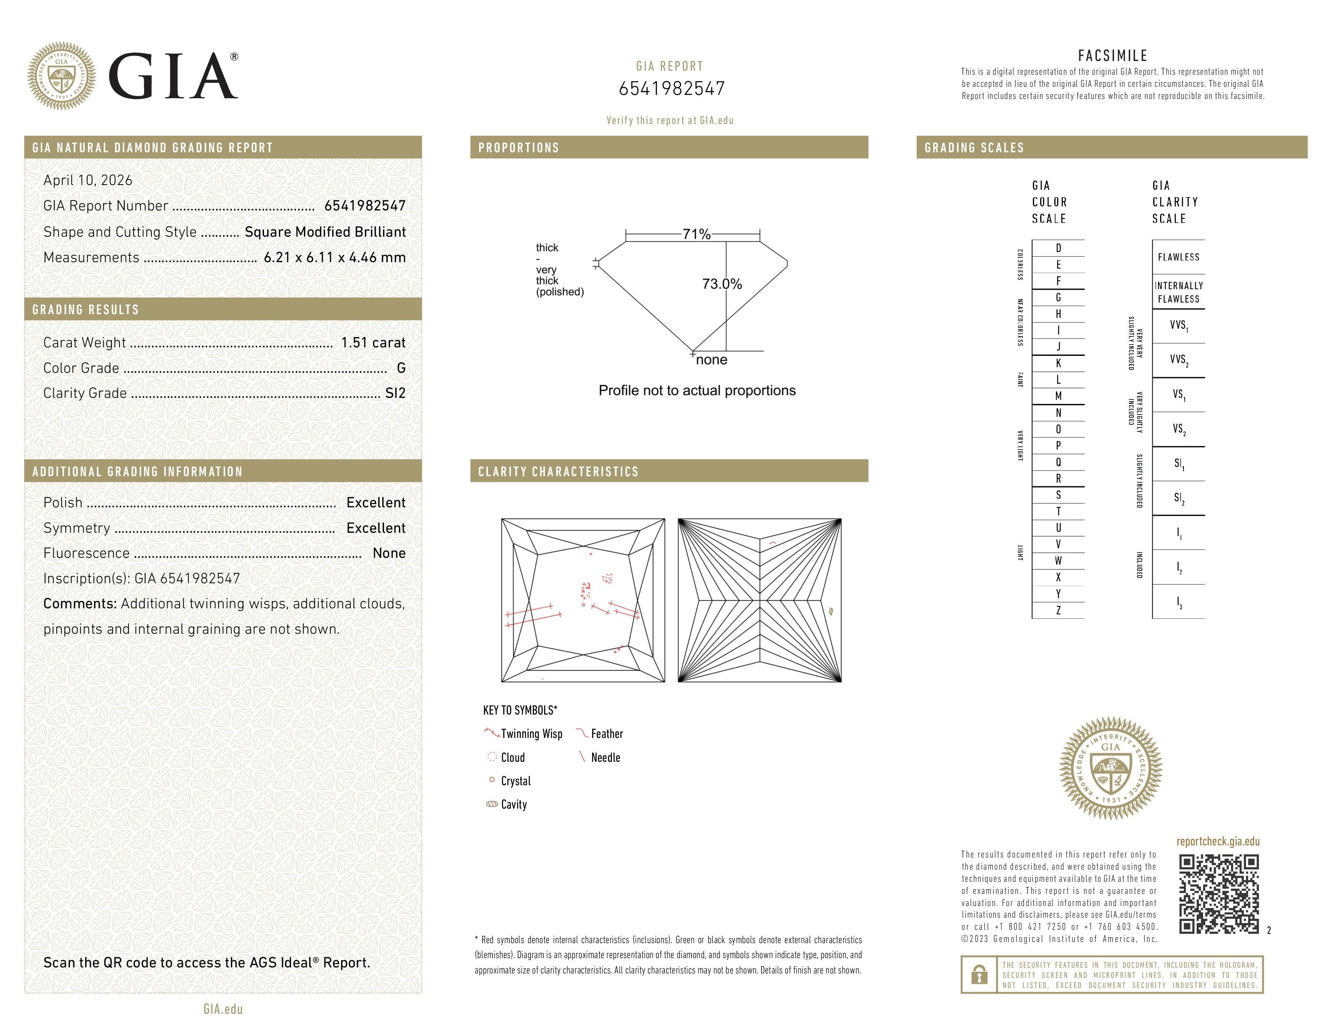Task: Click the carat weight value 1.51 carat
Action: pyautogui.click(x=373, y=343)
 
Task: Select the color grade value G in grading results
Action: pyautogui.click(x=401, y=368)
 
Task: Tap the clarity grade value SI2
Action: pyautogui.click(x=395, y=393)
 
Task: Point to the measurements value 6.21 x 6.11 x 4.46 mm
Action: pyautogui.click(x=334, y=258)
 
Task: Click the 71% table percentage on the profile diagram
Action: pyautogui.click(x=696, y=234)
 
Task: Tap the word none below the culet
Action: pyautogui.click(x=711, y=360)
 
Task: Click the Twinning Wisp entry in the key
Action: pyautogui.click(x=531, y=734)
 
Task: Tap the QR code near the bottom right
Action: pyautogui.click(x=1219, y=894)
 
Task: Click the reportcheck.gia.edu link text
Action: pyautogui.click(x=1218, y=841)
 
